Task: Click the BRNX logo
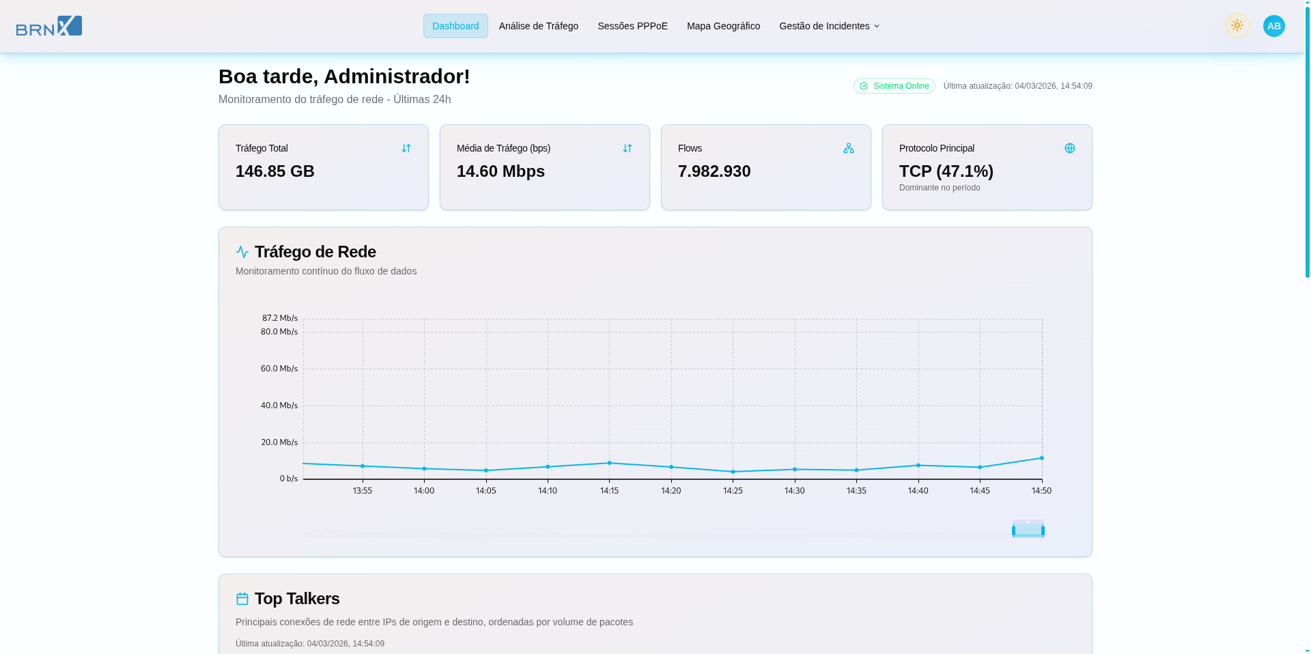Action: (x=49, y=26)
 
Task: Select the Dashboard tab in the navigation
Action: (x=455, y=26)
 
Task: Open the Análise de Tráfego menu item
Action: (x=539, y=26)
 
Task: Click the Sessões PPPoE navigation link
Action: (x=632, y=26)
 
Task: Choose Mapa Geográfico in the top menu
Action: (x=723, y=26)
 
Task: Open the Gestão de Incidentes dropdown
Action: (x=829, y=26)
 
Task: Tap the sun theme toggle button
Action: (x=1237, y=26)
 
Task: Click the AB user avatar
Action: (x=1274, y=26)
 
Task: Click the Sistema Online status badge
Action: (x=894, y=86)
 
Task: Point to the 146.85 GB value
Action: (x=275, y=171)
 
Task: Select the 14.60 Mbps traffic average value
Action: (x=501, y=171)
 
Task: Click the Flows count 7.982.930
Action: (x=714, y=171)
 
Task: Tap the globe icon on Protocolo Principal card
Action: (x=1070, y=148)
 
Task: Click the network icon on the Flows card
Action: (x=849, y=148)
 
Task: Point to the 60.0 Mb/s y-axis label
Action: (x=279, y=369)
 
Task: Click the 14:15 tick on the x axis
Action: (x=610, y=491)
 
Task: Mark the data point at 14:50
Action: (x=1042, y=458)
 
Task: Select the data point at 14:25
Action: (x=733, y=472)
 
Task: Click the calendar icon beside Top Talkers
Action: (x=242, y=599)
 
